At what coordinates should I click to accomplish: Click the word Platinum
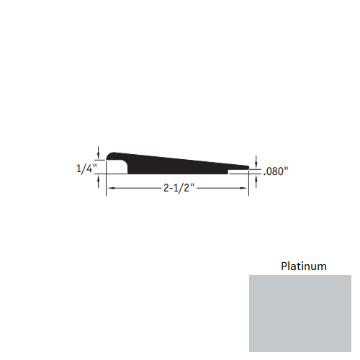point(303,266)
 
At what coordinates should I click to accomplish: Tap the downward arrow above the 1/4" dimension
point(97,152)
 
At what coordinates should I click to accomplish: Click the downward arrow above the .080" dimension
point(257,161)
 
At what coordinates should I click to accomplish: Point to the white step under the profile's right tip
point(238,173)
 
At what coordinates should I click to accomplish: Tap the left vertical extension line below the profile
point(107,184)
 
